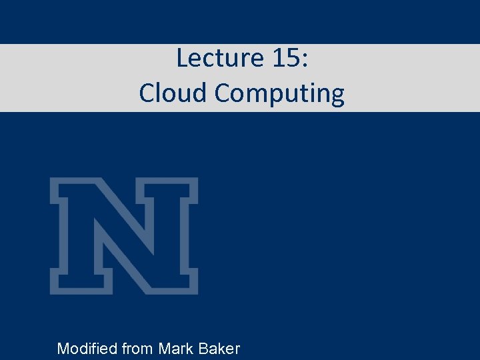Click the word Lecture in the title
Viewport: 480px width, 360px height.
pyautogui.click(x=214, y=59)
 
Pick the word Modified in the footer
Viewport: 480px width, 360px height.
pyautogui.click(x=86, y=348)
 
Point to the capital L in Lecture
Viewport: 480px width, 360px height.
pyautogui.click(x=182, y=59)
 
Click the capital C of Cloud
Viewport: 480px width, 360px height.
pyautogui.click(x=147, y=93)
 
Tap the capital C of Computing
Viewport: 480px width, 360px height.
pyautogui.click(x=223, y=93)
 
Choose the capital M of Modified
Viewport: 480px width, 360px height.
pyautogui.click(x=63, y=348)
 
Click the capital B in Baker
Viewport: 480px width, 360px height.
pyautogui.click(x=205, y=348)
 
